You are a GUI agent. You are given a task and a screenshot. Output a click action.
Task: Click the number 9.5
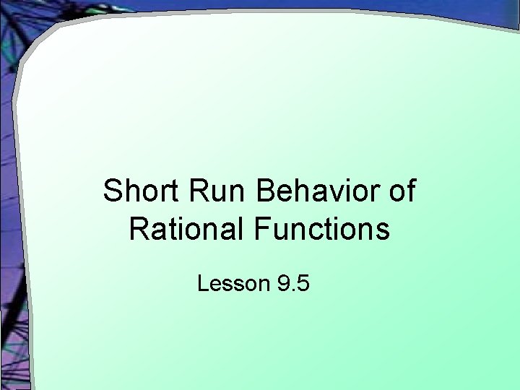point(292,284)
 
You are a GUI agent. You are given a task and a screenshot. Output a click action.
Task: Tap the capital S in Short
point(112,191)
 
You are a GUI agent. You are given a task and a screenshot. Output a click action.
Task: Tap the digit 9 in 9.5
point(282,284)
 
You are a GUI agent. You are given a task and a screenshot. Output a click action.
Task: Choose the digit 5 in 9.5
point(303,284)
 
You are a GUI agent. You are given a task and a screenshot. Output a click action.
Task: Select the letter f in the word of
point(410,191)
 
